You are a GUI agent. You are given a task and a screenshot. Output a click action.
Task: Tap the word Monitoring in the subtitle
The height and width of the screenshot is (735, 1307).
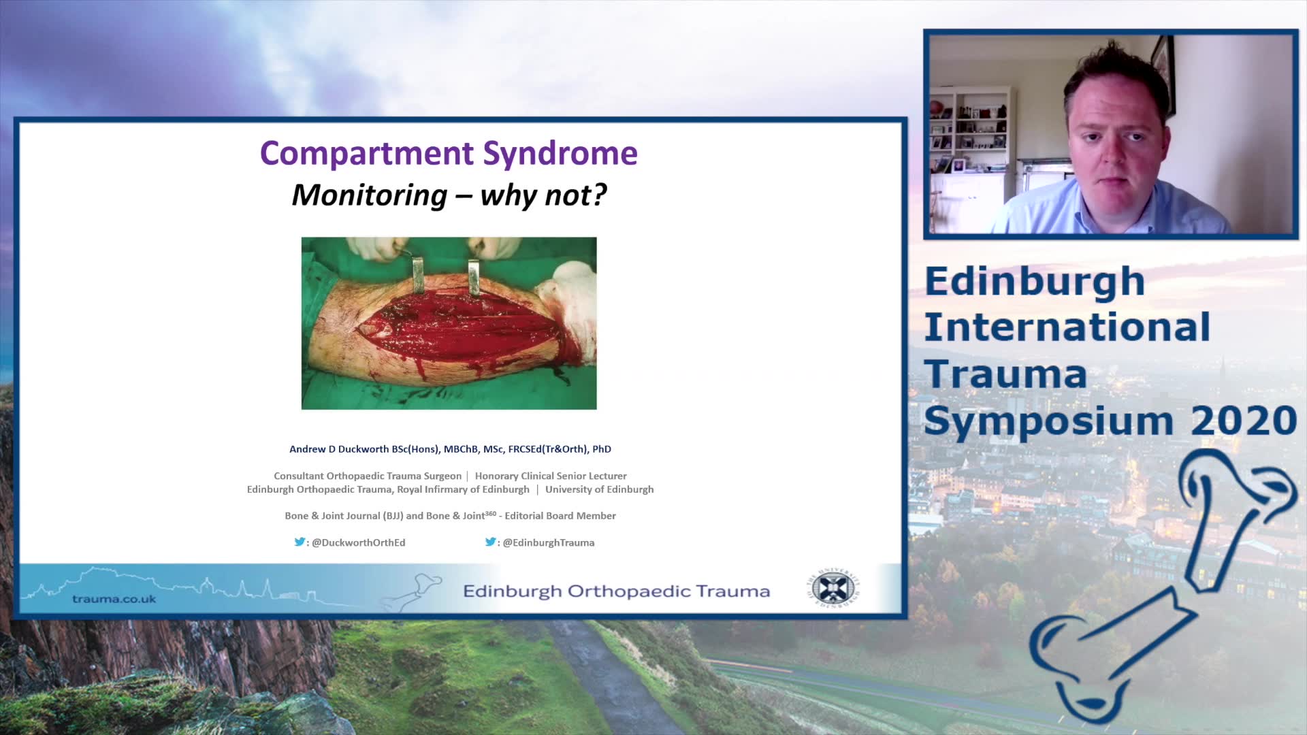click(370, 196)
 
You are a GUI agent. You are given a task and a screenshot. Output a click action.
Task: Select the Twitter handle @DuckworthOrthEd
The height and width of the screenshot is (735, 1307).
click(359, 542)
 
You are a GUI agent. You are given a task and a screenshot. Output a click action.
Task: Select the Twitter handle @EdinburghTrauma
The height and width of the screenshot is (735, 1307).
click(549, 542)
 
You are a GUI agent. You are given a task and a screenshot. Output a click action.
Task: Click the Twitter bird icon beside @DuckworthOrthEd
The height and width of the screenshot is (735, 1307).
click(300, 542)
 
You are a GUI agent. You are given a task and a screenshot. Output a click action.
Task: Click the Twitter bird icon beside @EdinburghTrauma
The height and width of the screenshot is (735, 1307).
click(490, 542)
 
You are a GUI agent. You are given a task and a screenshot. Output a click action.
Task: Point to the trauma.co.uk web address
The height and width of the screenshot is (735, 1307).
click(114, 599)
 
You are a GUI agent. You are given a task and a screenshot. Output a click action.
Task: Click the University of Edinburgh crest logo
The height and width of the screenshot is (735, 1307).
click(833, 588)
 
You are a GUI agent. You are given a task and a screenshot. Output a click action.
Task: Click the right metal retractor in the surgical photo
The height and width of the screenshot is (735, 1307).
click(473, 276)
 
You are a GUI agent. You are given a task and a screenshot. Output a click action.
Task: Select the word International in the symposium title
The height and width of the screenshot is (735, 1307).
click(1067, 327)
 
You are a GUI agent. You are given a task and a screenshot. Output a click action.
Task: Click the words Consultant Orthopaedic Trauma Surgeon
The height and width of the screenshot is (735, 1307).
click(368, 476)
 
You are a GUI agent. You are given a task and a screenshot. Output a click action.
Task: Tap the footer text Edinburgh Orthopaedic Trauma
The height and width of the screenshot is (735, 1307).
click(616, 591)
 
